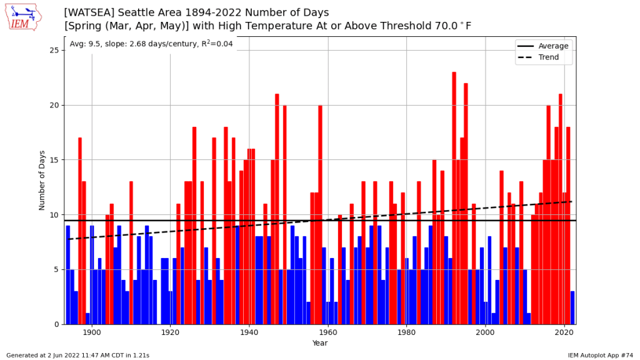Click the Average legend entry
(553, 46)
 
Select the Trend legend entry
(547, 57)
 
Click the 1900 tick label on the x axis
(92, 334)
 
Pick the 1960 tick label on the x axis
(328, 334)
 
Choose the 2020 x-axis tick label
(564, 334)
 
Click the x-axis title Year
(320, 343)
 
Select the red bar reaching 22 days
(466, 204)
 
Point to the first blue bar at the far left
(68, 275)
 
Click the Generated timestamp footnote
(77, 355)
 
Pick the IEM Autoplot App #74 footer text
(601, 355)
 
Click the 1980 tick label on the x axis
(407, 334)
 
